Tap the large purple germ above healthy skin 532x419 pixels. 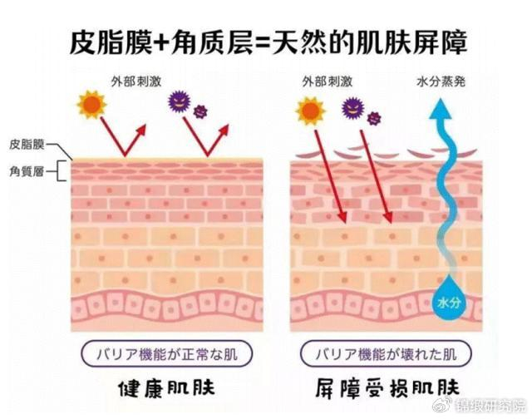pos(180,102)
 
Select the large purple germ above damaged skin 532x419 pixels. pos(352,106)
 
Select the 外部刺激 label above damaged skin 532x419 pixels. pos(326,81)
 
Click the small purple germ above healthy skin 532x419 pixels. pos(200,111)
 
